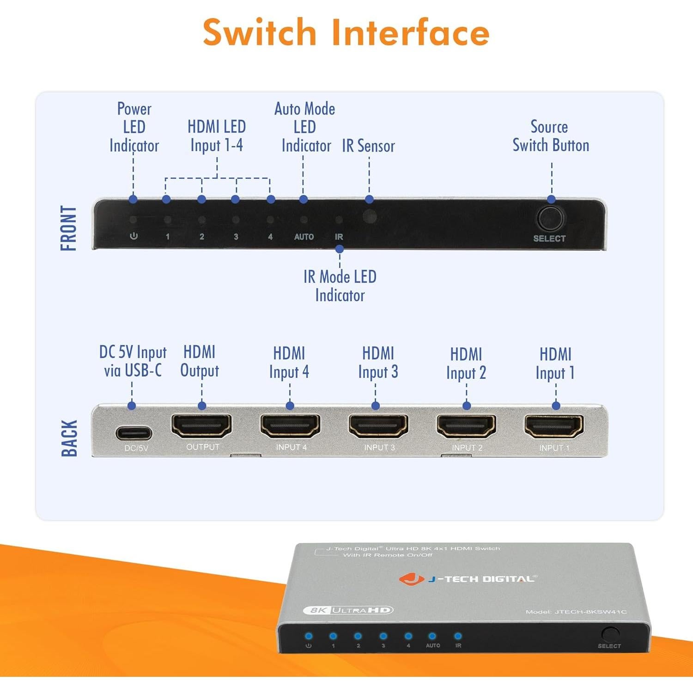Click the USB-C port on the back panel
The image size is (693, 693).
coord(134,433)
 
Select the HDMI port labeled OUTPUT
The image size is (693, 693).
coord(201,426)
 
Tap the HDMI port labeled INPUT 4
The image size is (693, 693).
coord(290,426)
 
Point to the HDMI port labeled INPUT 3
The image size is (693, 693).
coord(378,426)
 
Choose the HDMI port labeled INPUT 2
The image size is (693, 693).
coord(467,426)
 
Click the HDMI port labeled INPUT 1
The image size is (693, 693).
coord(554,426)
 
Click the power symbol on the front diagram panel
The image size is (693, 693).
coord(134,236)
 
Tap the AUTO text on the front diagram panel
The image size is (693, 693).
coord(304,237)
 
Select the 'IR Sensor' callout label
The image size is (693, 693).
coord(368,146)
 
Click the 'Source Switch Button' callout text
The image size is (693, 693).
coord(551,136)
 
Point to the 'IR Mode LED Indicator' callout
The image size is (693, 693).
coord(340,286)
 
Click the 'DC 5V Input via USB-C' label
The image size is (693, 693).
coord(133,361)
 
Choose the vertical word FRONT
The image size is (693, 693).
coord(68,228)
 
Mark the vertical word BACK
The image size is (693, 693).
coord(69,438)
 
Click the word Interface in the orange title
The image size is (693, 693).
coord(410,32)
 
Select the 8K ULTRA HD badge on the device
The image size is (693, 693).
coord(348,610)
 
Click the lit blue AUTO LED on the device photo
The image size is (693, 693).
coord(432,636)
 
